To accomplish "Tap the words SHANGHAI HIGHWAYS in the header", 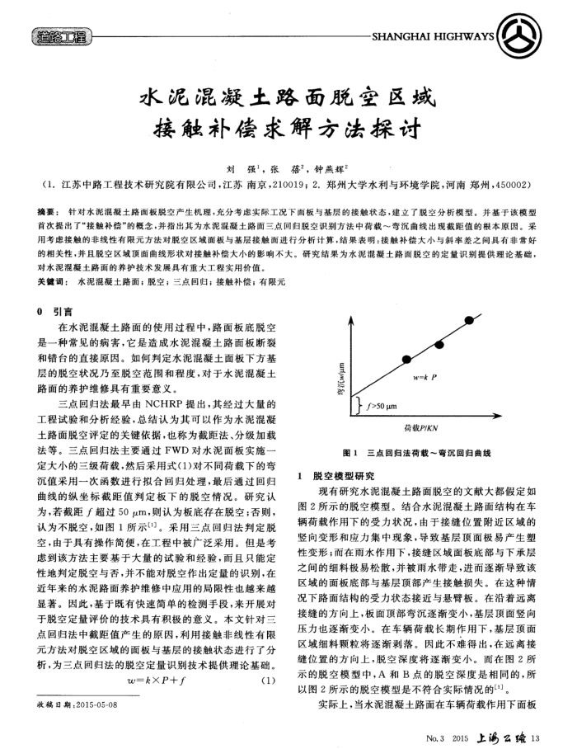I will coord(433,38).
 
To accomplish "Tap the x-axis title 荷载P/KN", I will coord(422,429).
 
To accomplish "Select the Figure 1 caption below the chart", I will coord(421,454).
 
